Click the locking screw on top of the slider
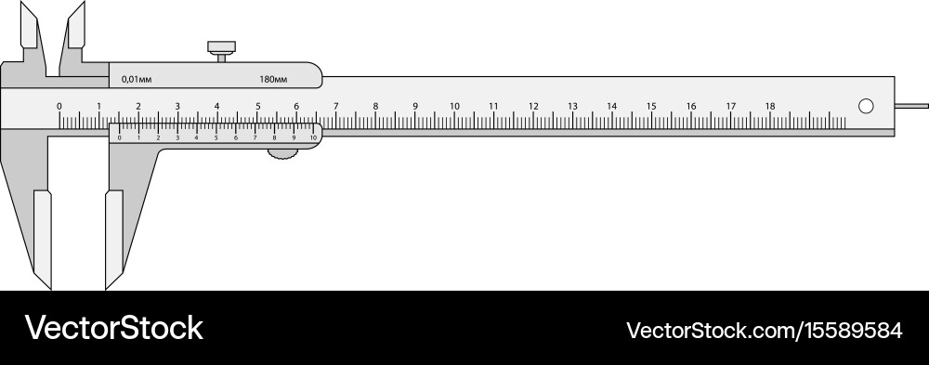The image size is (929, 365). [x=221, y=49]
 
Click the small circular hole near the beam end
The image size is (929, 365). [x=866, y=106]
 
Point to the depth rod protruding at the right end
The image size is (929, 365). [x=911, y=106]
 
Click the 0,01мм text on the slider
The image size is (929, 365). [x=136, y=79]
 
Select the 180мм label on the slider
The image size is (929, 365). [x=273, y=79]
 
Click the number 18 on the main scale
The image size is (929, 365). [x=769, y=106]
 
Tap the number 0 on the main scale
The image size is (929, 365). [x=59, y=106]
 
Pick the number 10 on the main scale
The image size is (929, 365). [x=454, y=106]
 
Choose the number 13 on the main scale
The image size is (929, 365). [x=572, y=106]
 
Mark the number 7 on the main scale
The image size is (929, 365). [x=336, y=106]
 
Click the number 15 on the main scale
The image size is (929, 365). [x=651, y=106]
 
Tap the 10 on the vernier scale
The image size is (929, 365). [x=313, y=137]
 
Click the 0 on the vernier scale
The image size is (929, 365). [x=119, y=137]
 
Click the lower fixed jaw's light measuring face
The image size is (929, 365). [x=43, y=237]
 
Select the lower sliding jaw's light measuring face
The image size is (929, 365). [x=113, y=237]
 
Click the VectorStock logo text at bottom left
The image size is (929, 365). [x=113, y=327]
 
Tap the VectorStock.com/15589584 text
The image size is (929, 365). [x=764, y=330]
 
